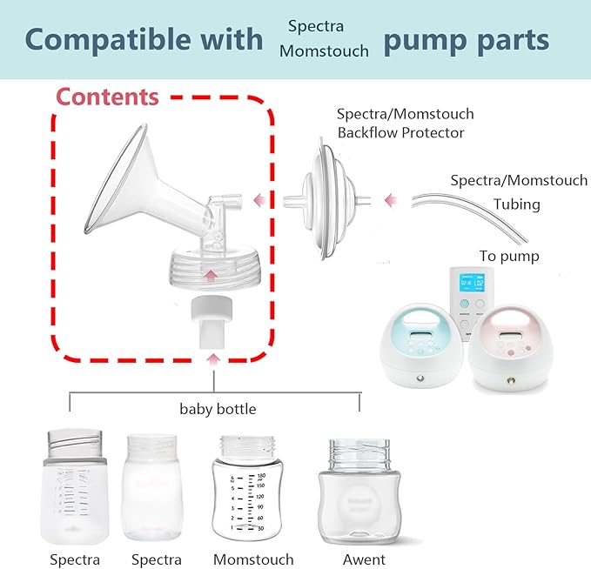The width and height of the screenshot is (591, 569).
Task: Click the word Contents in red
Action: [x=108, y=97]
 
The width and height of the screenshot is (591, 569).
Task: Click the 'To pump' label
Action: [x=509, y=256]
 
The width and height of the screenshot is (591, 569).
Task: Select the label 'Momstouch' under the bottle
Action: [x=253, y=559]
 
